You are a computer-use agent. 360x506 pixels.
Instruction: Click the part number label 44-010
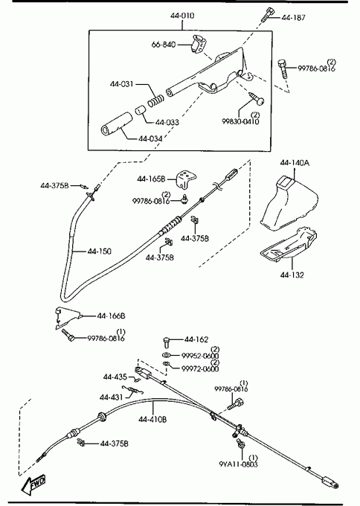pyautogui.click(x=182, y=16)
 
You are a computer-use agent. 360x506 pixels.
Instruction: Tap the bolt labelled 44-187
pyautogui.click(x=267, y=15)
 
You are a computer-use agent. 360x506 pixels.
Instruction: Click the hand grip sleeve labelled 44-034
pyautogui.click(x=116, y=124)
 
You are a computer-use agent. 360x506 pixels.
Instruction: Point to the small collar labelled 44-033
pyautogui.click(x=140, y=110)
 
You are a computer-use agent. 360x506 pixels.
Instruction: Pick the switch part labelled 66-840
pyautogui.click(x=198, y=44)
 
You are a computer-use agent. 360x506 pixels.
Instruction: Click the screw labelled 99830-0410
pyautogui.click(x=257, y=98)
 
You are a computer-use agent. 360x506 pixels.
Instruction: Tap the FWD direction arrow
pyautogui.click(x=33, y=484)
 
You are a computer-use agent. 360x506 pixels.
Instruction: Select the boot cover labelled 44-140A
pyautogui.click(x=288, y=202)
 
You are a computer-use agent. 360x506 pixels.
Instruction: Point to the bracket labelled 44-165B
pyautogui.click(x=186, y=179)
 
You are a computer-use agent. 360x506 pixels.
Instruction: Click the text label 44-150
pyautogui.click(x=99, y=251)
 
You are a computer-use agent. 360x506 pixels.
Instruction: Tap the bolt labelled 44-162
pyautogui.click(x=167, y=342)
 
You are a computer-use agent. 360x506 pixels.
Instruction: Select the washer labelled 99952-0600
pyautogui.click(x=167, y=355)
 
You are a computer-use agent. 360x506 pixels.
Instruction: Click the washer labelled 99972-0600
pyautogui.click(x=167, y=365)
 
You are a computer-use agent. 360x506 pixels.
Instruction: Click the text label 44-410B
pyautogui.click(x=152, y=419)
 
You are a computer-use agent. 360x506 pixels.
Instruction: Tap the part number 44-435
pyautogui.click(x=115, y=377)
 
